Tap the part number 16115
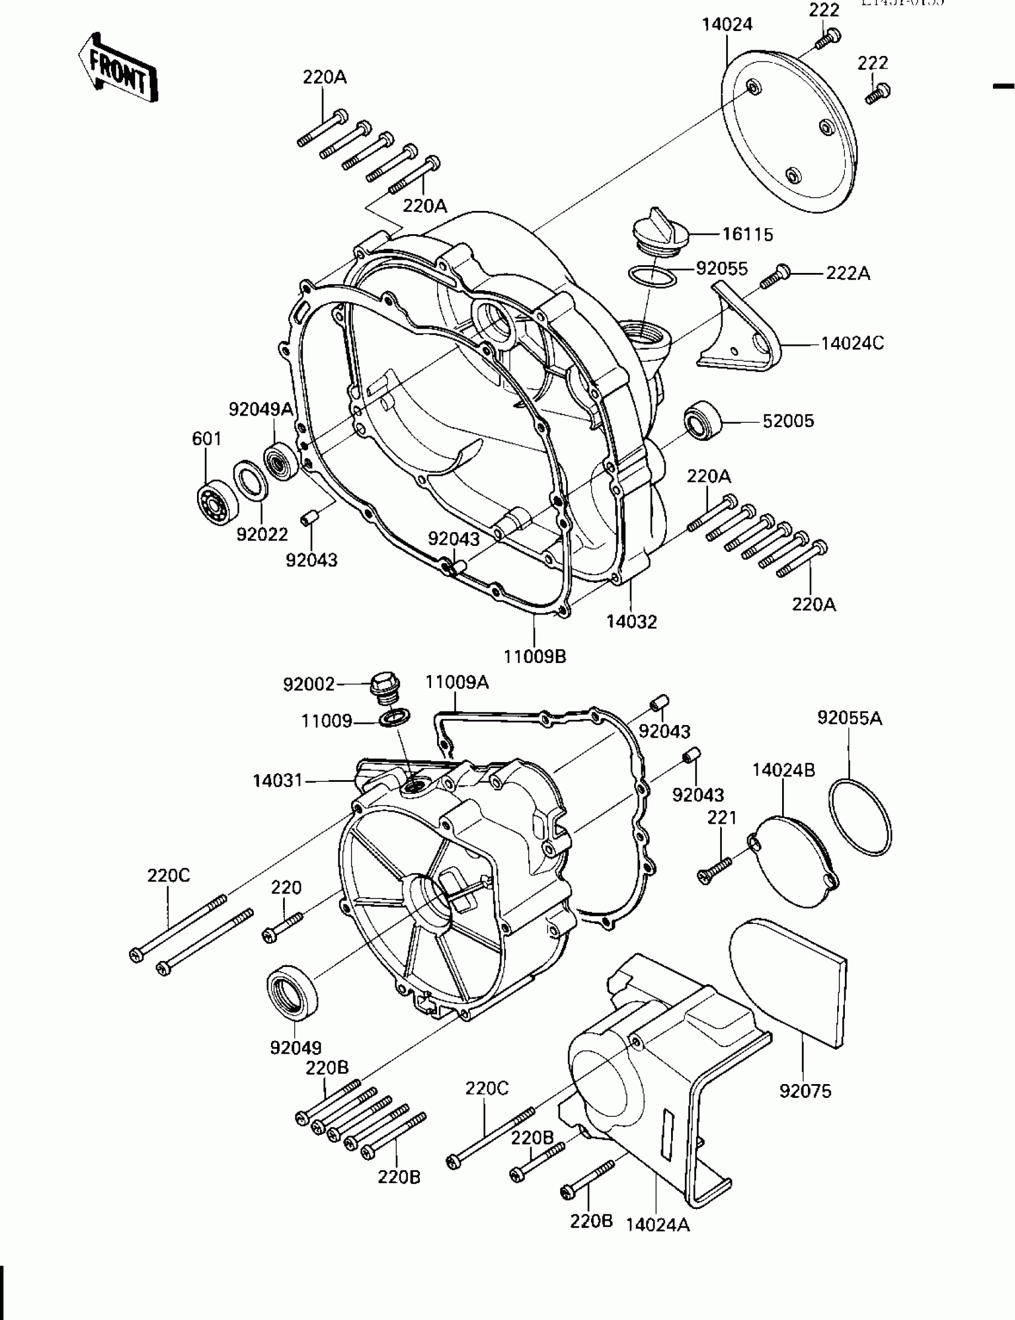[x=748, y=235]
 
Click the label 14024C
[x=852, y=343]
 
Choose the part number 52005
[x=789, y=420]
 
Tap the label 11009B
[x=535, y=656]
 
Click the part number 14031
[x=277, y=781]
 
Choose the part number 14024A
[x=657, y=1225]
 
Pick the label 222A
[x=848, y=274]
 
